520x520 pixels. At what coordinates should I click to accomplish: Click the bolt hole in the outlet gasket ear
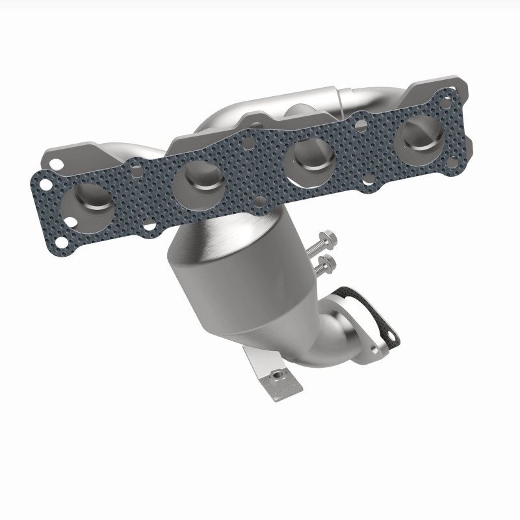[391, 337]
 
